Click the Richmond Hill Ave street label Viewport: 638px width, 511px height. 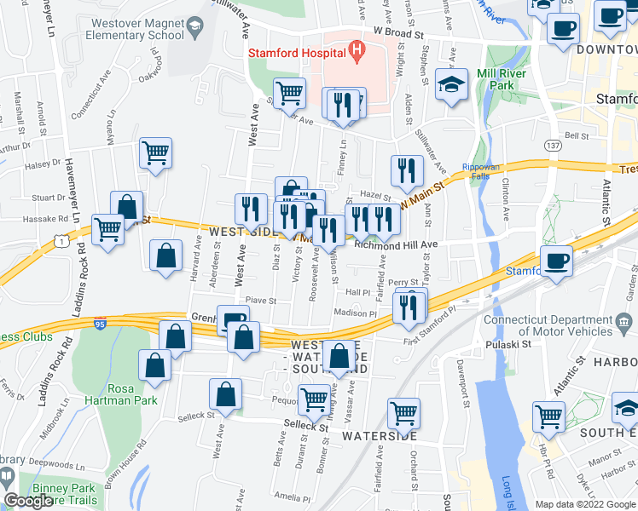click(396, 244)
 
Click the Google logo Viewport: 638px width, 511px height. click(29, 501)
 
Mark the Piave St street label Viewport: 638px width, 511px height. click(261, 300)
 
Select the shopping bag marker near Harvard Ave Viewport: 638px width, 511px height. click(165, 257)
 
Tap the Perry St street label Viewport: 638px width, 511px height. click(403, 282)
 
